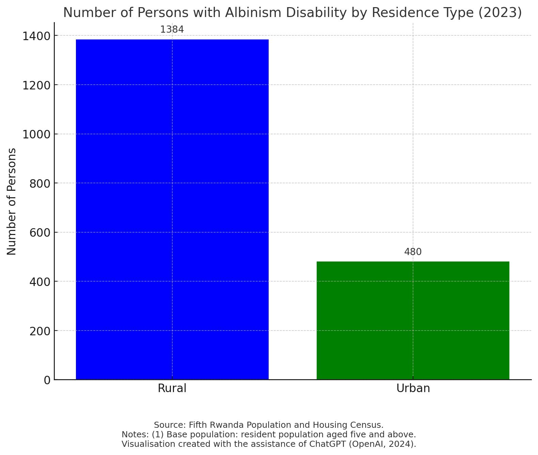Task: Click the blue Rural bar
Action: point(172,209)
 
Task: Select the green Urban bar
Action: point(413,320)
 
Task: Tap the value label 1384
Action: point(172,30)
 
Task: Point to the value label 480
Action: point(413,252)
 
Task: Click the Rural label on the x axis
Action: point(172,388)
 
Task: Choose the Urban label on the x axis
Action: point(413,388)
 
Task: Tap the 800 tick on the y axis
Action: point(40,184)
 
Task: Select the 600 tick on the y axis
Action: point(40,233)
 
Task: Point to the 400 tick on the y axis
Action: point(40,282)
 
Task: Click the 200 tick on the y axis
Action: point(40,331)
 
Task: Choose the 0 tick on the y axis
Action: point(47,380)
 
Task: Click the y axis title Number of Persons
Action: point(12,201)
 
